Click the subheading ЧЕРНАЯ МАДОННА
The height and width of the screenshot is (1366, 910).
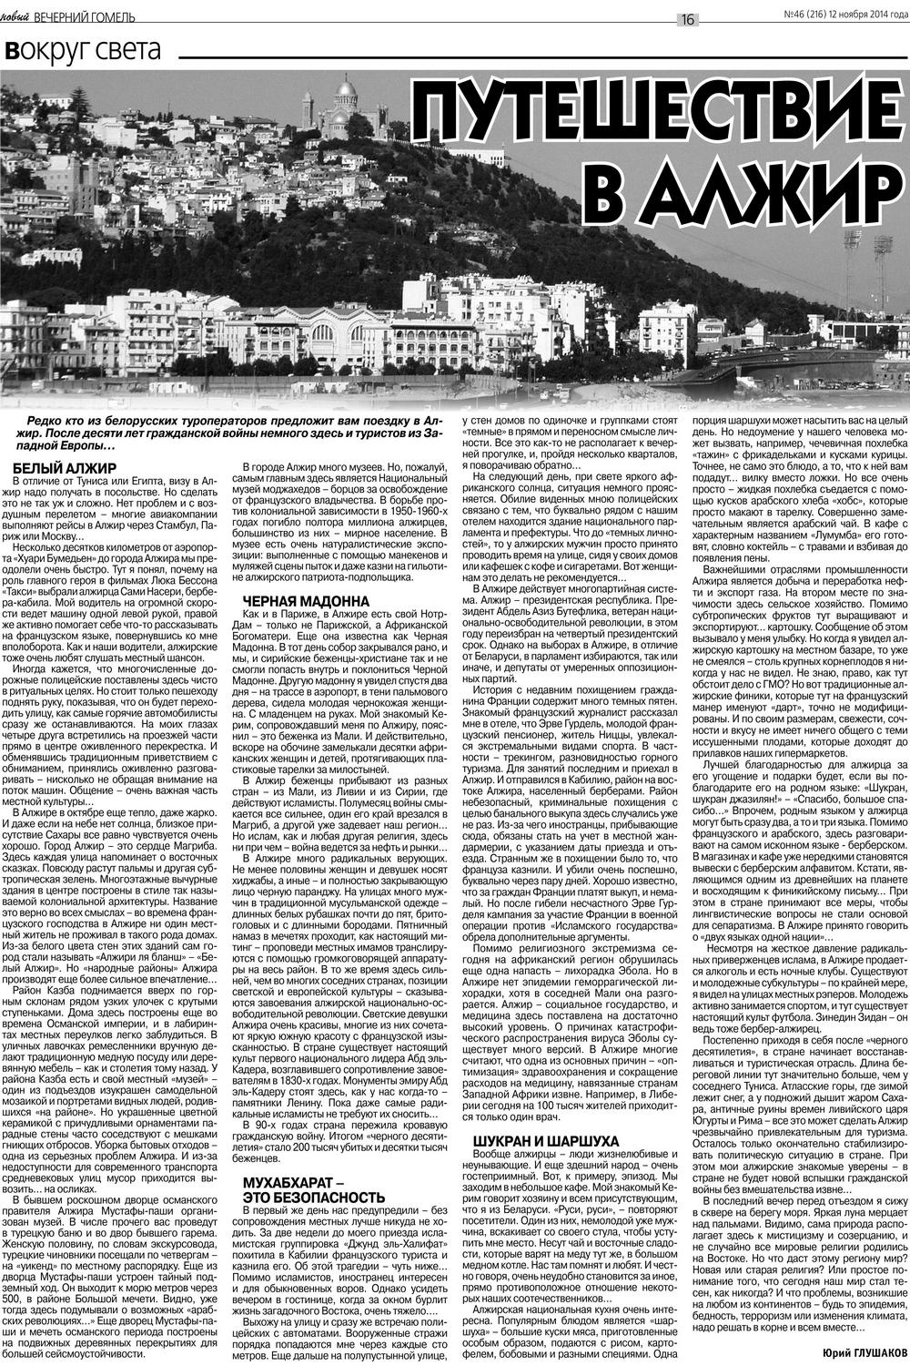click(x=306, y=601)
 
